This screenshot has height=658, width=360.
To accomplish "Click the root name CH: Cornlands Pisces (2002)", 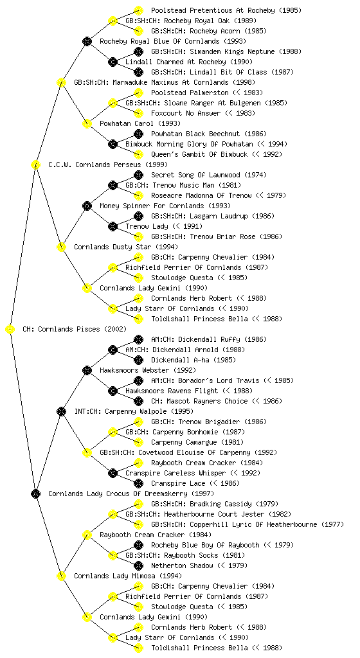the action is click(75, 329).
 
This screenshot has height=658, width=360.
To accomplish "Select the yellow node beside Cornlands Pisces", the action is click(10, 330).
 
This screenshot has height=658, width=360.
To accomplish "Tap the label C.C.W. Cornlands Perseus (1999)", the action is click(108, 164).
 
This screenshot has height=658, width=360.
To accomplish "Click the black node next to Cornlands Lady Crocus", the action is click(35, 494).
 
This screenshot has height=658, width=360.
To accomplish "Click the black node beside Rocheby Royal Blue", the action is click(87, 41).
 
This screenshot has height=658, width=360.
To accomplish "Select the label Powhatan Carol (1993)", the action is click(140, 123).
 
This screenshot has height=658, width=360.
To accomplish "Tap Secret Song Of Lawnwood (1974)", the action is click(209, 175).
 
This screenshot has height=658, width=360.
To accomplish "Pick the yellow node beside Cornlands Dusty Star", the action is click(61, 247).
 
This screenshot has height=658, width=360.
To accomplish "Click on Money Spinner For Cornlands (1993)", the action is click(165, 206).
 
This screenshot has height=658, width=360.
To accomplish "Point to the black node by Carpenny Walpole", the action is click(61, 412).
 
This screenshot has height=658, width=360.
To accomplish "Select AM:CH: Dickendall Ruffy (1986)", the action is click(209, 339).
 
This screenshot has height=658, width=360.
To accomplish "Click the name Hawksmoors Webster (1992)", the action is click(148, 370).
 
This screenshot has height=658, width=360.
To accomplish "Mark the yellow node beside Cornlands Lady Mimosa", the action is click(61, 576).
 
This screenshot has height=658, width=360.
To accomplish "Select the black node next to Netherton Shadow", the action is click(138, 565).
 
